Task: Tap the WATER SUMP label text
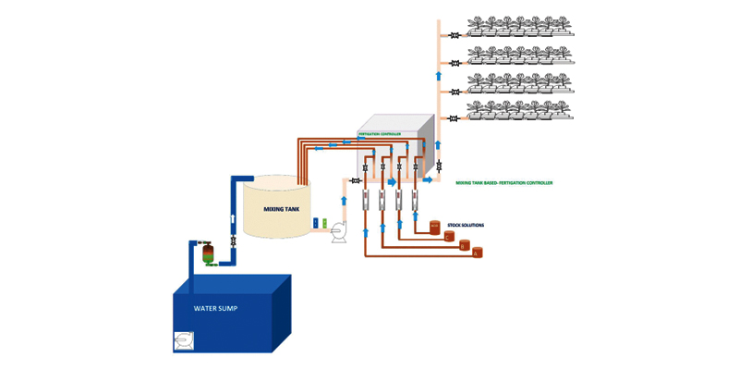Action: (215, 308)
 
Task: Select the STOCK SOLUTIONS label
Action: (466, 225)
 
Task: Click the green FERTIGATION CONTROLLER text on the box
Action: (380, 134)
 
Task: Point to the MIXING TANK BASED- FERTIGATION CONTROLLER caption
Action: (504, 183)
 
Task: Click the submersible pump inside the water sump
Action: (184, 341)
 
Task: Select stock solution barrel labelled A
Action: (477, 251)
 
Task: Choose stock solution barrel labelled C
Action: (435, 226)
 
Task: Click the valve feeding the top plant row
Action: (455, 36)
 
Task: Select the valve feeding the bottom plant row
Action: (455, 118)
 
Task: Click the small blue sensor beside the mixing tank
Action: (316, 223)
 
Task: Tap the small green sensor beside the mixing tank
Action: (324, 223)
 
